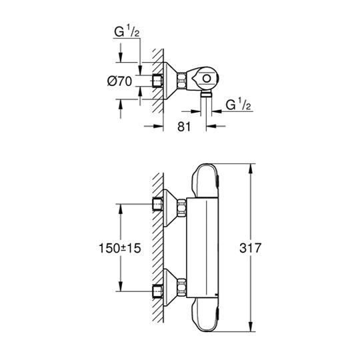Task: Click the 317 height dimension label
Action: coord(250,248)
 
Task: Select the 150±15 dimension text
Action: coord(119,248)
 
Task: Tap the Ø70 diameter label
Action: coord(119,81)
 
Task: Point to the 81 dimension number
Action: coord(184,127)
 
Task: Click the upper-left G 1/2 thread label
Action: coord(127,32)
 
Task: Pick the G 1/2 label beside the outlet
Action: coord(238,105)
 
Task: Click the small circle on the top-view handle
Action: coord(207,79)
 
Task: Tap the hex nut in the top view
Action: coord(181,81)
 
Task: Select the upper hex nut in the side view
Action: coord(181,208)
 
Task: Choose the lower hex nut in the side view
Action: coord(181,287)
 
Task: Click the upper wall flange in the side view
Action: coord(170,208)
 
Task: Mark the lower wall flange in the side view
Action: coord(170,287)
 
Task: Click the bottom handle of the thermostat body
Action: coord(206,315)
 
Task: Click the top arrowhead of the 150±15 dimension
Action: coord(121,209)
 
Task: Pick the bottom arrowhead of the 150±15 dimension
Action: coord(121,287)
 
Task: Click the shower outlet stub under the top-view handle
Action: coord(206,94)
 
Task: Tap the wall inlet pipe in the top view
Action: coord(157,81)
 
